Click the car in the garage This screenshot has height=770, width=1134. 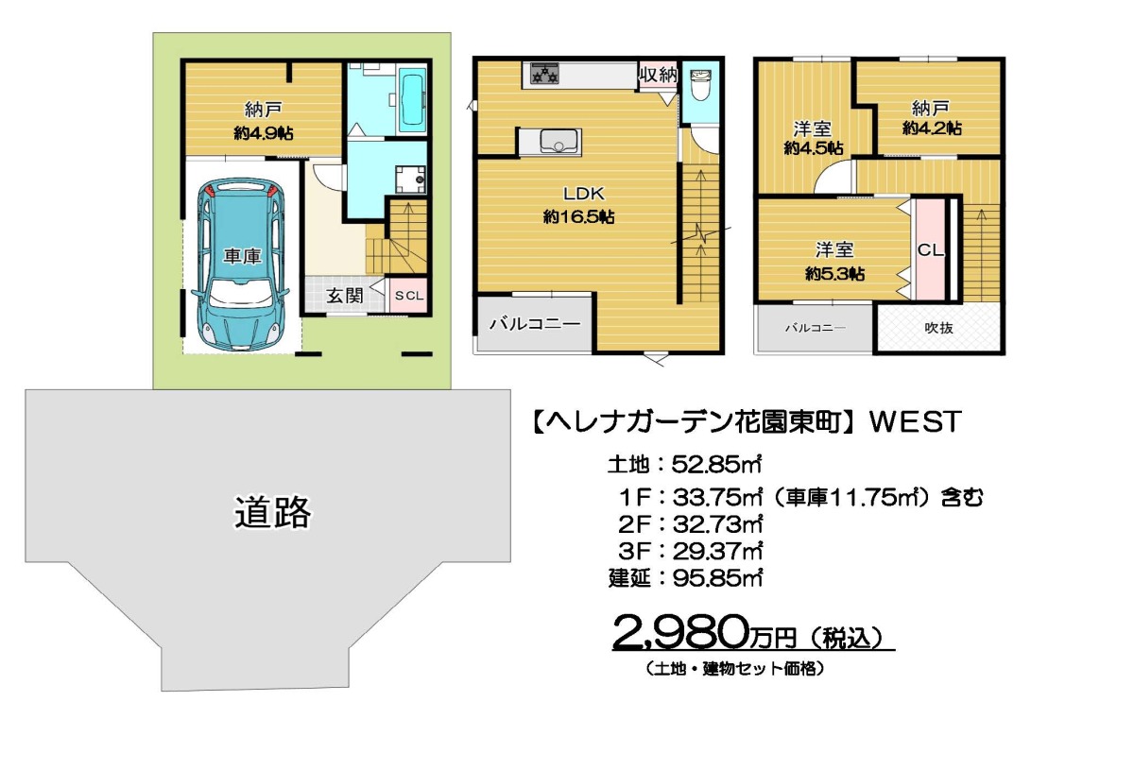click(240, 265)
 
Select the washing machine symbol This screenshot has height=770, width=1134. click(410, 180)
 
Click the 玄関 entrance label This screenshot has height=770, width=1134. click(344, 296)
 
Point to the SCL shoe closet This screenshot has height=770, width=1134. click(409, 295)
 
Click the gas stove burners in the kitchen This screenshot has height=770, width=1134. click(544, 74)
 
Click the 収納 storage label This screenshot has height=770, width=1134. click(658, 75)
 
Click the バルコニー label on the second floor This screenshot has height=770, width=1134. click(535, 323)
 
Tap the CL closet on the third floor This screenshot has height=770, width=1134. click(931, 249)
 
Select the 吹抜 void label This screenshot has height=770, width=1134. click(938, 328)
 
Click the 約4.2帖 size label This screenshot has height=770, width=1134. click(932, 128)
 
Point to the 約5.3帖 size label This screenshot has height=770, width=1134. click(834, 274)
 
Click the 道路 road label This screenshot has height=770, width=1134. click(272, 512)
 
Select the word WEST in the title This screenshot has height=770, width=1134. click(916, 421)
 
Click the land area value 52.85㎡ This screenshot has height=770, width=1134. click(717, 464)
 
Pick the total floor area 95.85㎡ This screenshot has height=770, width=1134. click(717, 578)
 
